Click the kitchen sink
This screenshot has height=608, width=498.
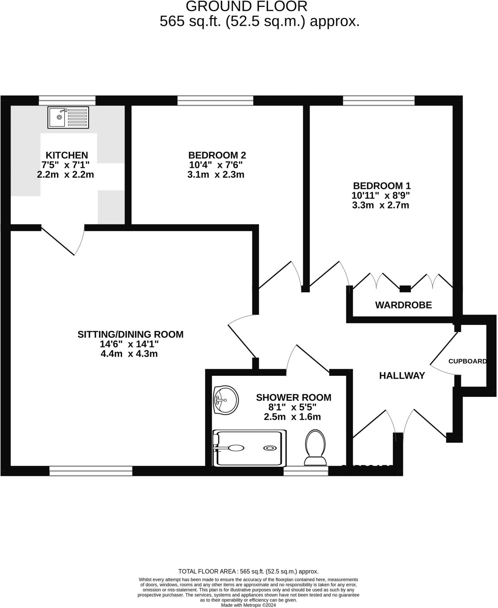coord(68,118)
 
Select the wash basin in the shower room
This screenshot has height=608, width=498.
coord(226,400)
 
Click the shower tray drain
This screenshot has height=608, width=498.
coord(270,448)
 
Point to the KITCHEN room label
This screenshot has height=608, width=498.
coord(67,155)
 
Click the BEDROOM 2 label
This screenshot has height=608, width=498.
coord(217,155)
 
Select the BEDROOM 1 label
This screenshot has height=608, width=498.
coord(382,186)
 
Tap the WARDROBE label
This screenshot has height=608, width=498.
coord(403,305)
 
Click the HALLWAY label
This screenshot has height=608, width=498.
coord(402,376)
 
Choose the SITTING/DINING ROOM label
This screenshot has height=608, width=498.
coord(130,335)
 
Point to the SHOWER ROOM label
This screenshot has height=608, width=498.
coord(294,398)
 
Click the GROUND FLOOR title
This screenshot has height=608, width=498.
coord(247,7)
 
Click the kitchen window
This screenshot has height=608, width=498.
coord(67,101)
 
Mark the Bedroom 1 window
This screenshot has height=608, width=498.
coord(379,101)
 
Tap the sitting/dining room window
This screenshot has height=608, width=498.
coord(91,471)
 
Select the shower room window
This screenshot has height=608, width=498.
coord(306,471)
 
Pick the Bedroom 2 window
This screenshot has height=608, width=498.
coord(215,101)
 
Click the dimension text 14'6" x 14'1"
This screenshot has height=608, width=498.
coord(129,344)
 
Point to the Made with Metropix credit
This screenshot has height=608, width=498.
coord(248,605)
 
